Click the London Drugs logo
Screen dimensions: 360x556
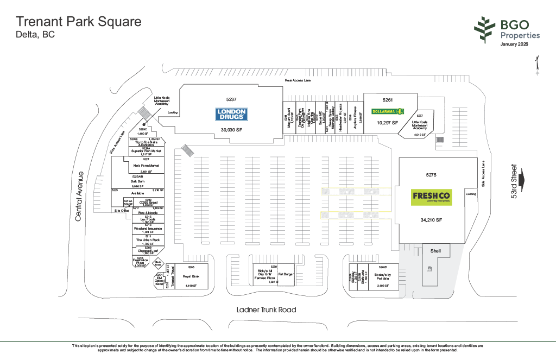pos(232,114)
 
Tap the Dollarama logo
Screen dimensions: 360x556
pos(388,111)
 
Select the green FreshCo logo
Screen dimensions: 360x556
pos(432,197)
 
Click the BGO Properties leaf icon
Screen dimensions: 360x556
pos(485,30)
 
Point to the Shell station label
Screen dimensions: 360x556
pos(435,251)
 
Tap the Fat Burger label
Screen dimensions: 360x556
pos(286,274)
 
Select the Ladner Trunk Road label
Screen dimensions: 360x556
pos(266,310)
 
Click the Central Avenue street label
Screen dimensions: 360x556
pos(79,196)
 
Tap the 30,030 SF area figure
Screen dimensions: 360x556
pos(232,130)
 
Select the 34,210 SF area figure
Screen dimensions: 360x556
pos(432,220)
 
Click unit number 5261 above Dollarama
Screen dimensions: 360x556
pos(387,100)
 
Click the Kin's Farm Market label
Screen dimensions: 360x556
pos(147,165)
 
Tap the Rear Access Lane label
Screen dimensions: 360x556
pos(298,80)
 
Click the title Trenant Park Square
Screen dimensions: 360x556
pos(79,22)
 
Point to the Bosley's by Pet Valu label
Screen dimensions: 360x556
pos(382,276)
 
